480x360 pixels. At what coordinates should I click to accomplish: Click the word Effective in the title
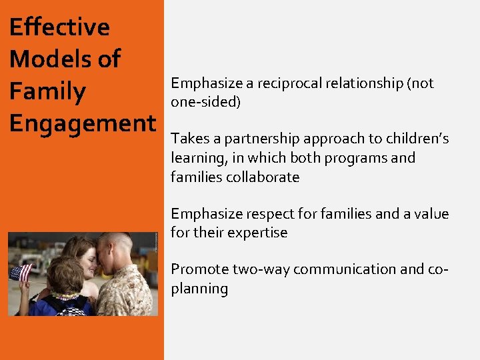coord(59,27)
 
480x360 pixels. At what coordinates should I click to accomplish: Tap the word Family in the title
coord(47,91)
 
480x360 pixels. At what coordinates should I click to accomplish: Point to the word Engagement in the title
coord(82,124)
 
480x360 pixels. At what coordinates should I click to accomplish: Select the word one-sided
coord(205,102)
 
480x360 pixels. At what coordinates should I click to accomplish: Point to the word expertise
coord(257,233)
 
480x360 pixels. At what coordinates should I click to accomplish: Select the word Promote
coord(199,269)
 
